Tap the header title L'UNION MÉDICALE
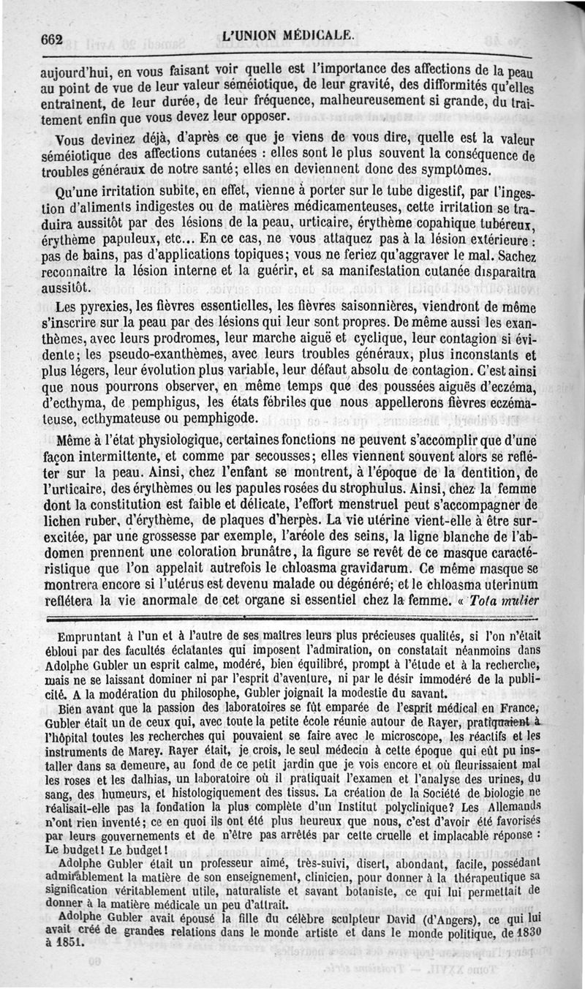[x=290, y=35]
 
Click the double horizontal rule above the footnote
[x=292, y=618]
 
